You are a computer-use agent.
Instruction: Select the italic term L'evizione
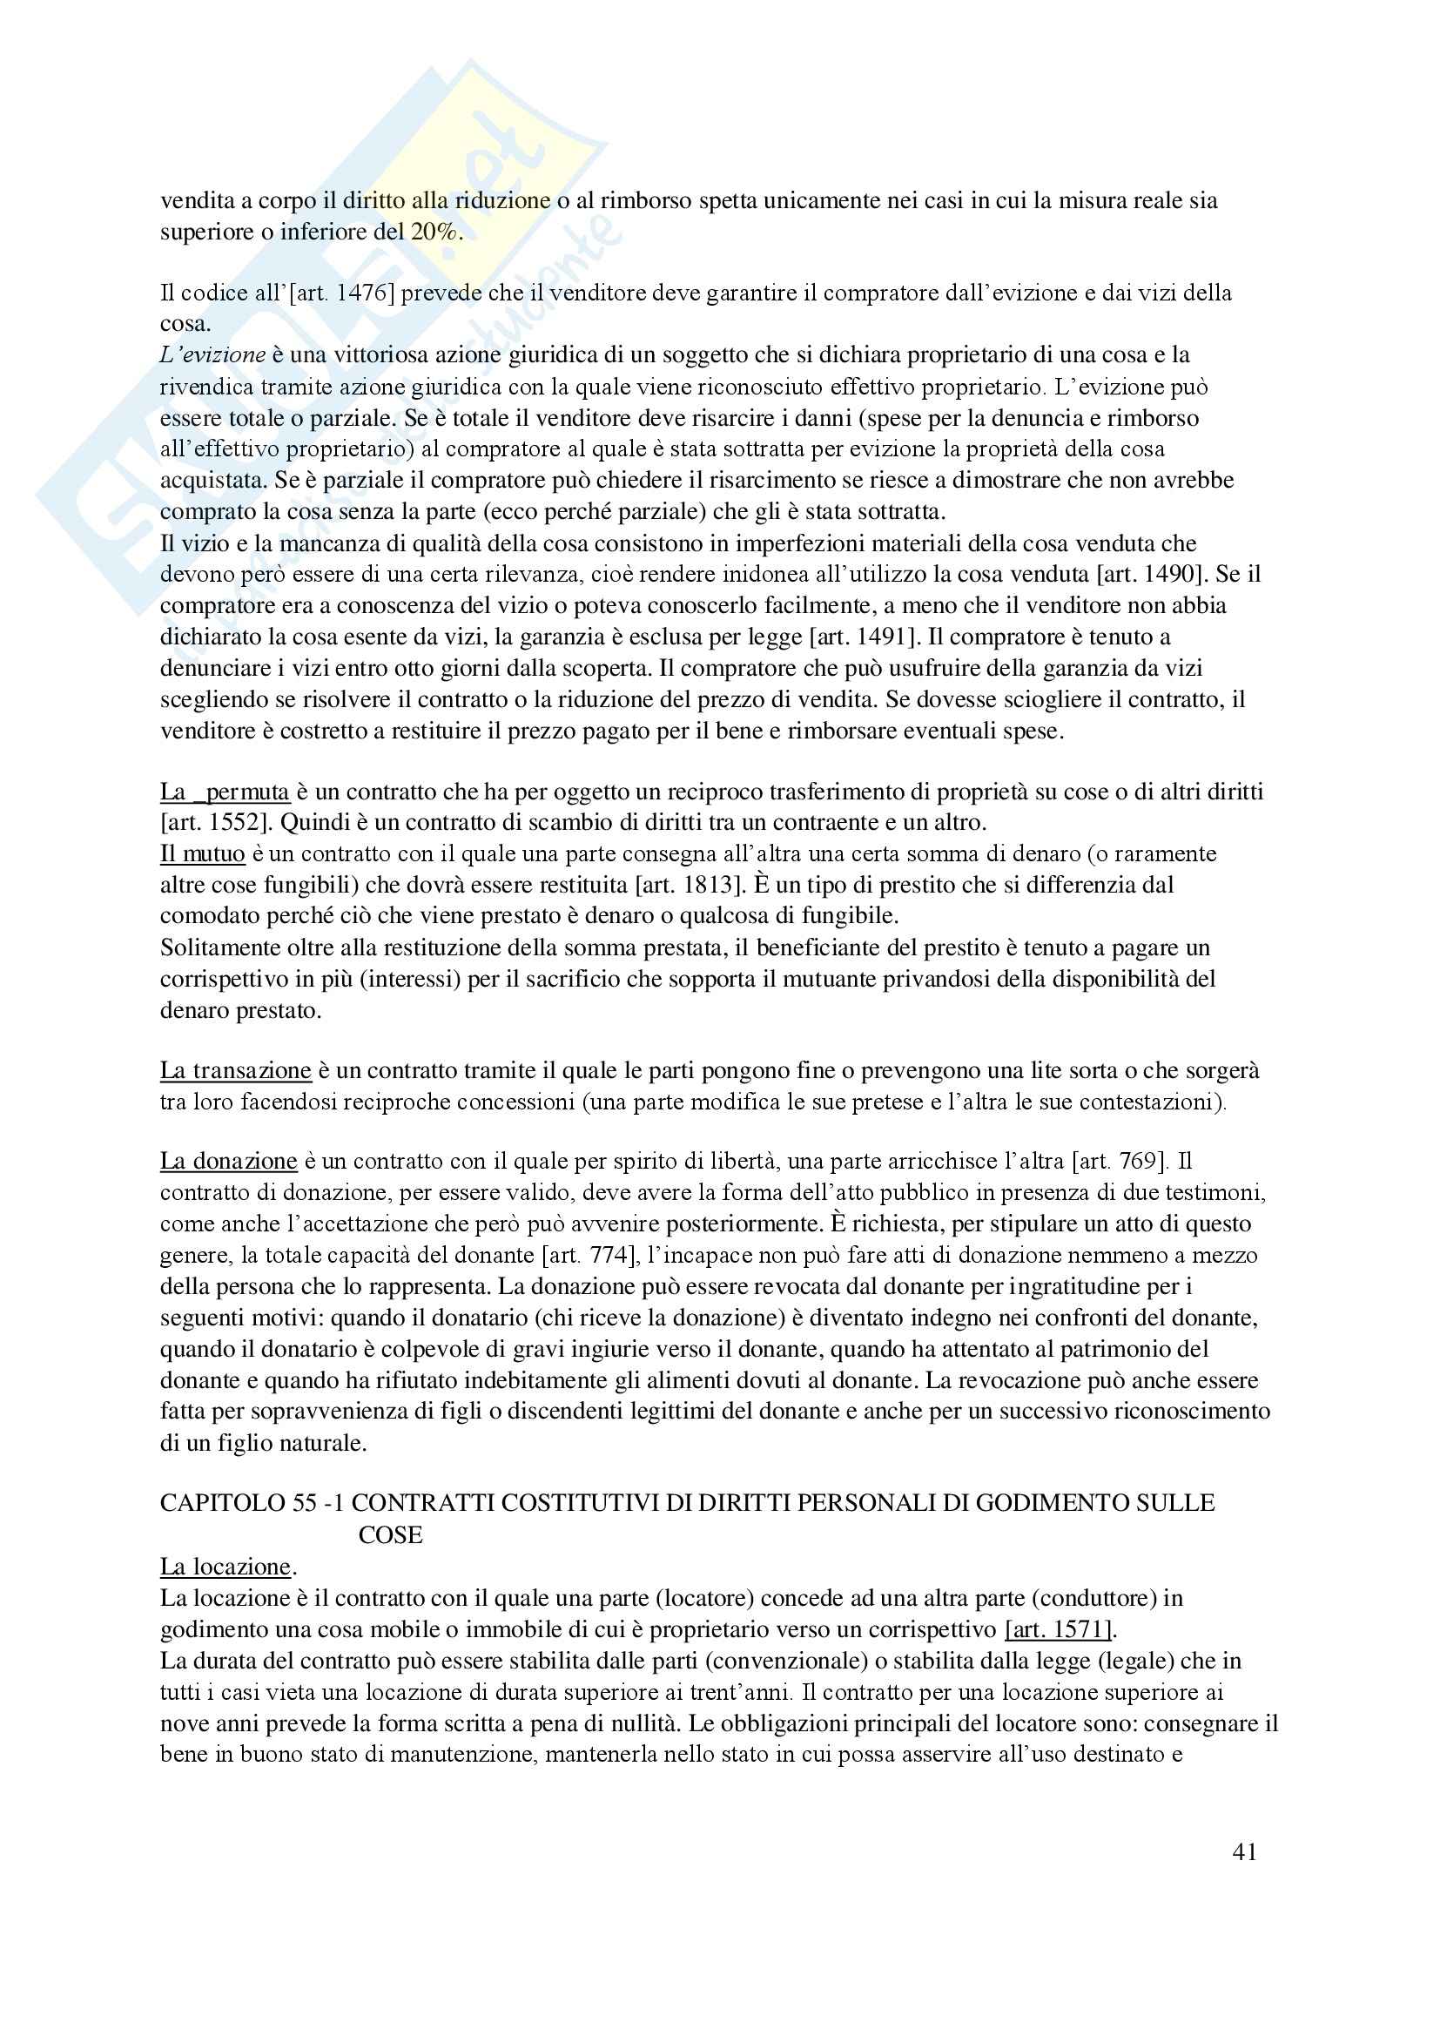(212, 354)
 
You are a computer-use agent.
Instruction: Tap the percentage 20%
(434, 233)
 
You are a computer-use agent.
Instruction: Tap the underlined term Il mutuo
(202, 853)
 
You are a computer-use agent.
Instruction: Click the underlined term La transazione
(236, 1070)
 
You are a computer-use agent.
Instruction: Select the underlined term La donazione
(229, 1161)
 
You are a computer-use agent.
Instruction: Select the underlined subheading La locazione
(225, 1566)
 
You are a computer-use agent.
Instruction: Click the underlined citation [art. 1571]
(1058, 1629)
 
